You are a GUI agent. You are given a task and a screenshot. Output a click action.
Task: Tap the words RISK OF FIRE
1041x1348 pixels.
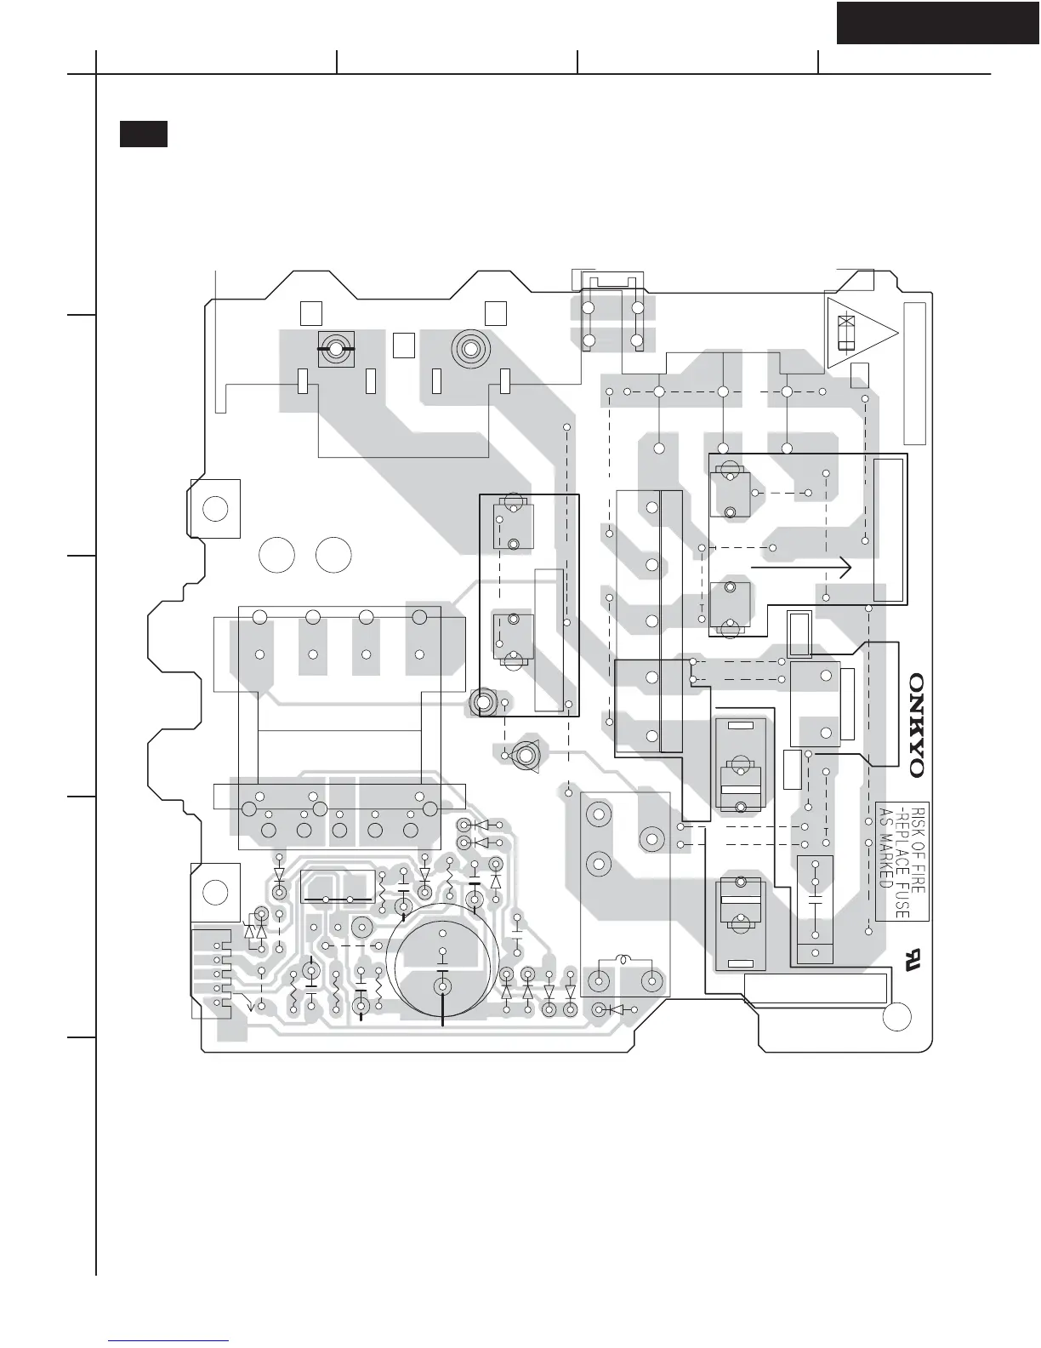point(919,849)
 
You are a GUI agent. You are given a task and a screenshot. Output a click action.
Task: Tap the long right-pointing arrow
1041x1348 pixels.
point(801,567)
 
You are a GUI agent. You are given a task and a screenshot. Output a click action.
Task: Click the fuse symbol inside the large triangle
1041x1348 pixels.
point(845,333)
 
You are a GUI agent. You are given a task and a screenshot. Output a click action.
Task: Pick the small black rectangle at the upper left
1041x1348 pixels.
point(143,134)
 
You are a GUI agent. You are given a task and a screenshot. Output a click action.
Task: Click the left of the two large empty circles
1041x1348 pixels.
point(276,555)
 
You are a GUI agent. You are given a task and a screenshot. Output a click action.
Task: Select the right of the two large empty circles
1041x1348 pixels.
point(333,555)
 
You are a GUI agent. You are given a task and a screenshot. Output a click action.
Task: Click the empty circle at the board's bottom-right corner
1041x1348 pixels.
point(896,1016)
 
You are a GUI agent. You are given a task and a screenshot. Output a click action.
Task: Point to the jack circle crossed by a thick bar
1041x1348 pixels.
point(335,349)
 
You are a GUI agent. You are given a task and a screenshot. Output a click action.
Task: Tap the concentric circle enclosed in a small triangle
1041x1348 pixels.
point(527,756)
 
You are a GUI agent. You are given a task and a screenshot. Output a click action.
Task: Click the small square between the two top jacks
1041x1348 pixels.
point(404,346)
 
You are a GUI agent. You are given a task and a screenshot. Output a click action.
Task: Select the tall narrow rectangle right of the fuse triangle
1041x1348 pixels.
point(914,374)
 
